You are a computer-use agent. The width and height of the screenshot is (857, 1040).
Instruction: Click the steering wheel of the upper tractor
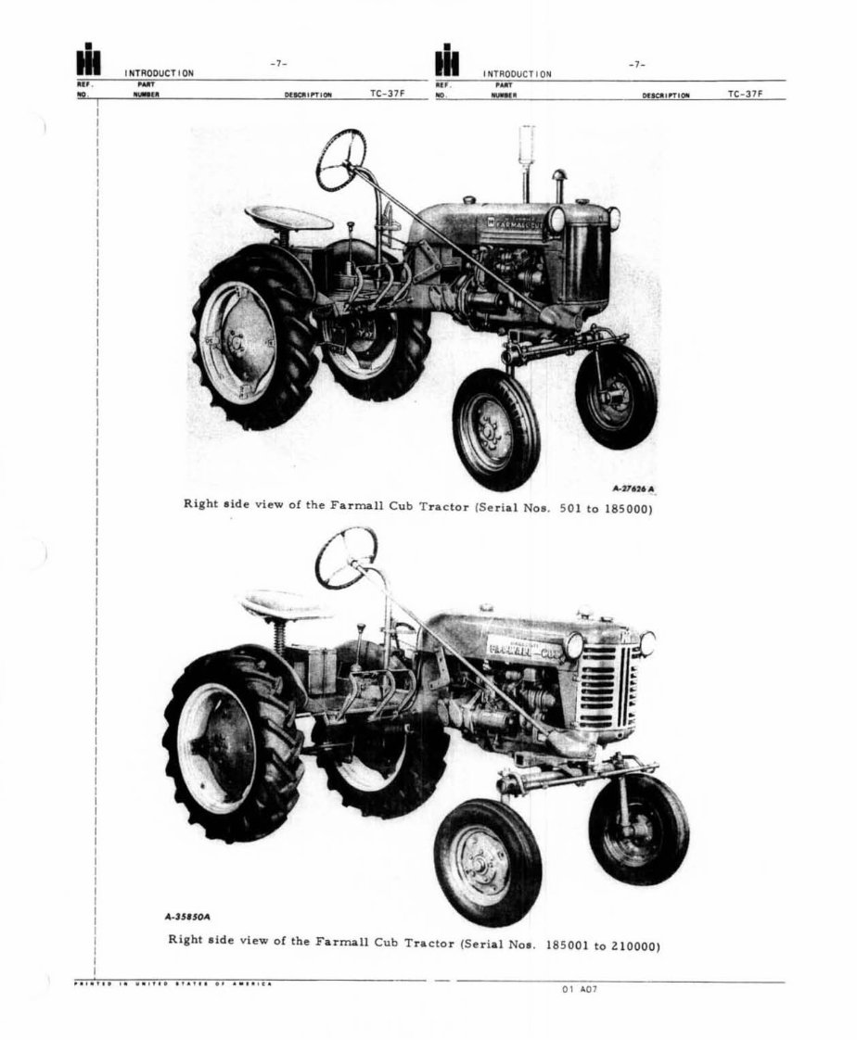tap(341, 159)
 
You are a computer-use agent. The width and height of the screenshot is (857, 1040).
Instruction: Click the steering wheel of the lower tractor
tap(346, 557)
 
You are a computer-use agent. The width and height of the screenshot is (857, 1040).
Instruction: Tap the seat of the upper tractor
tap(288, 219)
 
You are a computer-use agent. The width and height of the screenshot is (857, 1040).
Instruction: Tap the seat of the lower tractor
tap(286, 604)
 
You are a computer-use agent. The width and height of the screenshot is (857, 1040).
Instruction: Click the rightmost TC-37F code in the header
tap(746, 94)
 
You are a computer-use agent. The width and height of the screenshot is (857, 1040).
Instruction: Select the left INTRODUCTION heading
tap(159, 73)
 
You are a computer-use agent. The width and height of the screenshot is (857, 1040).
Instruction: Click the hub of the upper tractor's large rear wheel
tap(236, 344)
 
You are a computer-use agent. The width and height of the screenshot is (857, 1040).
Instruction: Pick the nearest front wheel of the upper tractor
tap(495, 429)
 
